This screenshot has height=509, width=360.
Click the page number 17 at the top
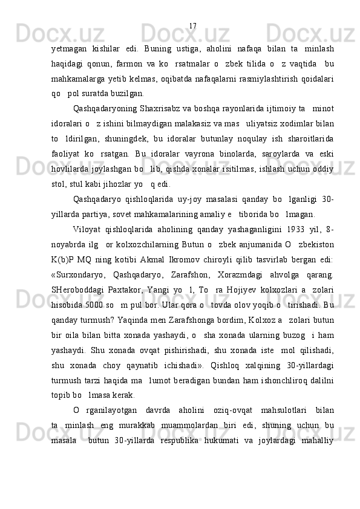pos(192,26)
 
